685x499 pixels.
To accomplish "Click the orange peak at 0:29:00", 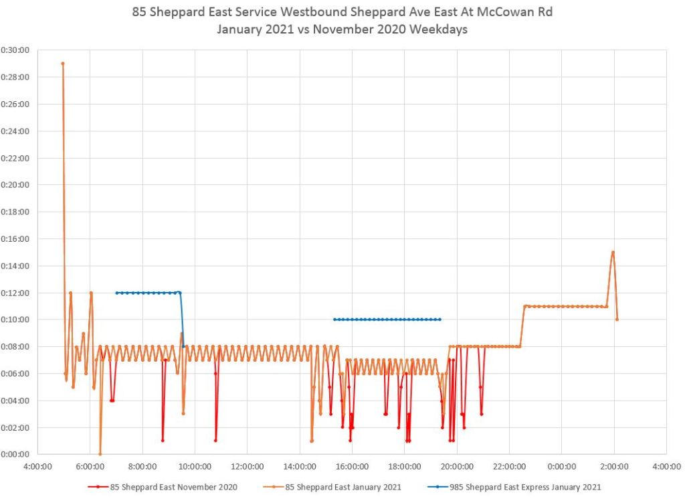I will pos(62,64).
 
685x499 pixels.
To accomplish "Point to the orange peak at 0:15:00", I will pos(613,253).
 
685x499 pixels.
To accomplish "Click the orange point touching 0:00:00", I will pos(100,454).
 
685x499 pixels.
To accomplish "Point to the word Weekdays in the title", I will pos(442,30).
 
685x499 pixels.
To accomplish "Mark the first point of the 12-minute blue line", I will pos(116,293).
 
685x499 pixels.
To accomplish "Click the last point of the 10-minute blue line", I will pos(439,319).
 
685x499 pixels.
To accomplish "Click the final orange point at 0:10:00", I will pos(617,319).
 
